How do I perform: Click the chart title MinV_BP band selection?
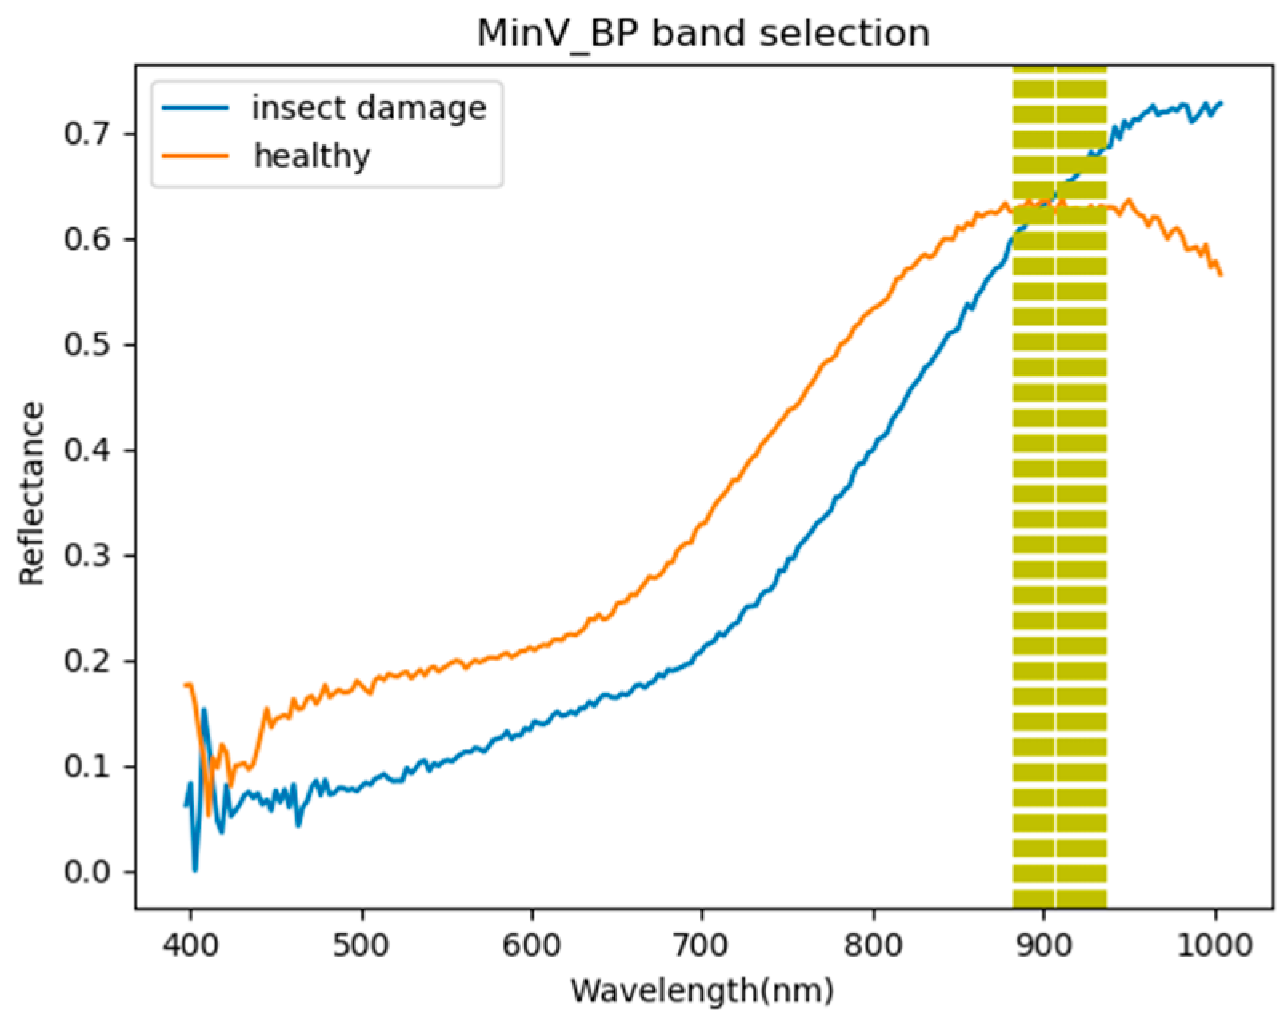tap(703, 34)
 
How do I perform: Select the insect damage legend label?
tap(369, 108)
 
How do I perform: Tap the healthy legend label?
tap(312, 155)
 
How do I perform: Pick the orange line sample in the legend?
tap(195, 155)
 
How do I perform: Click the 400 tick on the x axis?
tap(190, 945)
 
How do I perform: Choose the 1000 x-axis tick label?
tap(1215, 945)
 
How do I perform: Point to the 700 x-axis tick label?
tap(702, 945)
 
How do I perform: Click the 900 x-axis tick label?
tap(1043, 945)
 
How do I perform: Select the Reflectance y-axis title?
tap(32, 494)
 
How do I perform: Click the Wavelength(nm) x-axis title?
tap(702, 991)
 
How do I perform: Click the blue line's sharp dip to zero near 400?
tap(194, 869)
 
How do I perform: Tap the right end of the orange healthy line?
tap(1221, 274)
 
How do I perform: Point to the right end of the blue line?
tap(1221, 102)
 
